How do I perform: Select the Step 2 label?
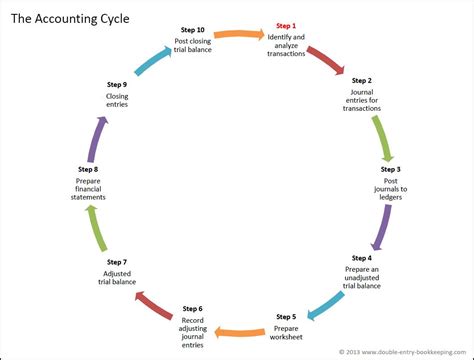(x=362, y=80)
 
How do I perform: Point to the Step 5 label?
(x=286, y=316)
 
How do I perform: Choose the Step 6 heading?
(x=193, y=308)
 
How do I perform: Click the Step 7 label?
(x=117, y=262)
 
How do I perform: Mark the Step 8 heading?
(x=87, y=169)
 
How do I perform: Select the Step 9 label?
(x=117, y=85)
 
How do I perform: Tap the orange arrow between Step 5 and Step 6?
(x=240, y=331)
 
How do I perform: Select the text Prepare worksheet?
(x=286, y=332)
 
